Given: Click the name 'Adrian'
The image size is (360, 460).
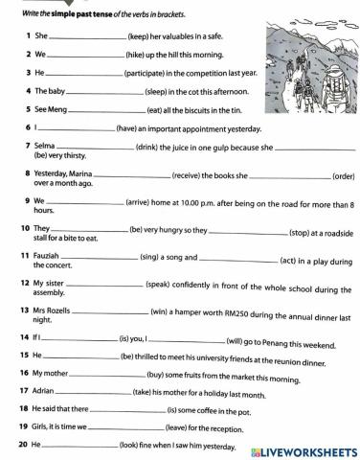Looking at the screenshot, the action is (x=45, y=393).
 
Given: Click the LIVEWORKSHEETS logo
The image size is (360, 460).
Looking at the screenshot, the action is (x=302, y=449).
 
